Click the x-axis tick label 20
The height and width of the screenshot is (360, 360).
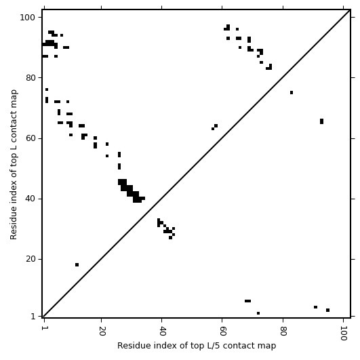(102, 331)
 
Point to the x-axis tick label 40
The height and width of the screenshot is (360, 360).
(162, 331)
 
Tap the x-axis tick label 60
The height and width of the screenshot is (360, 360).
(222, 331)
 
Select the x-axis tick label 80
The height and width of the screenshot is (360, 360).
(283, 331)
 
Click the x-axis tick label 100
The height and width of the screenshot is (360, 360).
(343, 333)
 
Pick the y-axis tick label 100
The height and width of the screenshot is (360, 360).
(27, 18)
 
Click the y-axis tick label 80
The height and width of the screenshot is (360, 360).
(31, 78)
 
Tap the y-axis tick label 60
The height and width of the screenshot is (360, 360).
(31, 138)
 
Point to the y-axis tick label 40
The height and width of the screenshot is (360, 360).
(31, 199)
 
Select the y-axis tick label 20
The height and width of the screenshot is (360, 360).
(31, 259)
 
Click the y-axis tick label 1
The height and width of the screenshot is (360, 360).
(33, 317)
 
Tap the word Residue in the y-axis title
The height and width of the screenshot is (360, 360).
(14, 224)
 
